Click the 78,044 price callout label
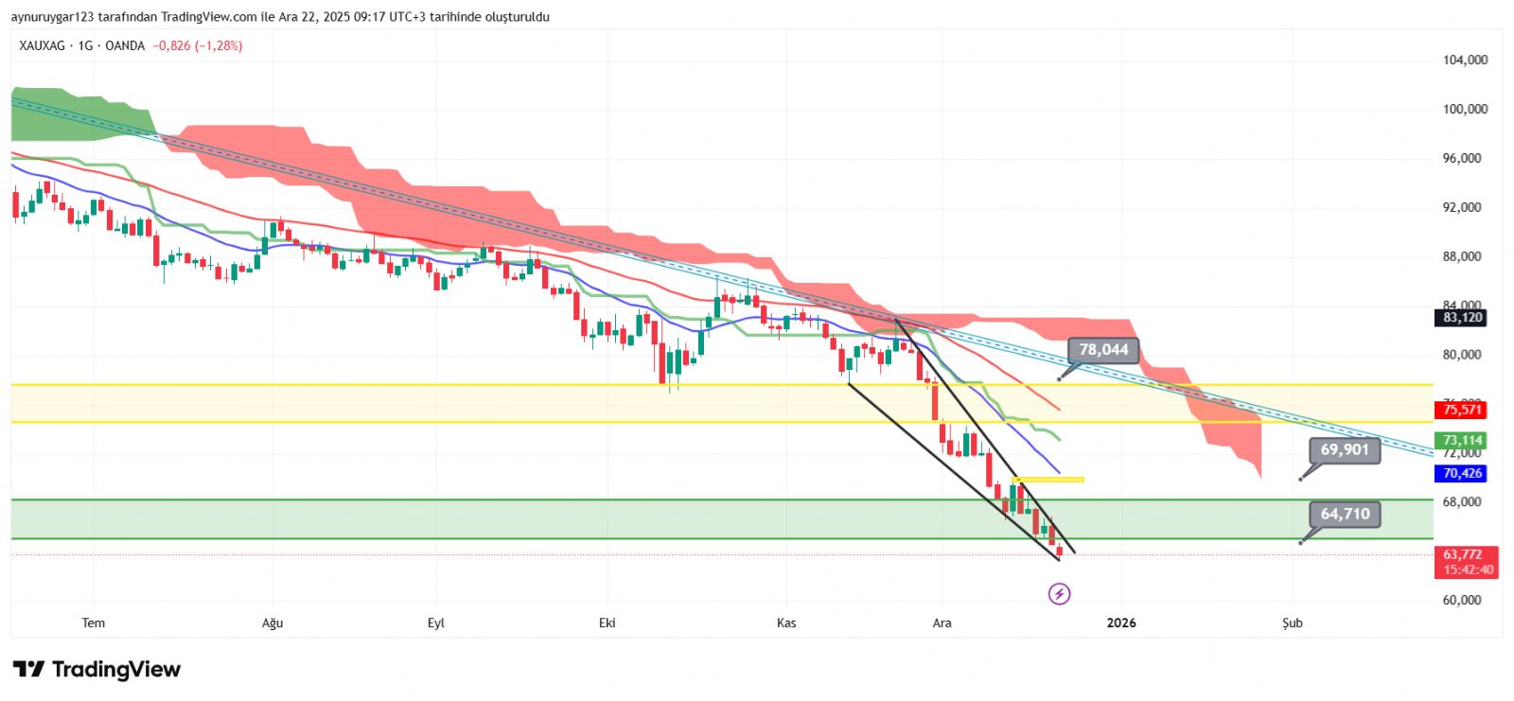[x=1103, y=350]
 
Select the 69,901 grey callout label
[x=1345, y=449]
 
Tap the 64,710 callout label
[x=1345, y=514]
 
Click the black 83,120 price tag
[x=1462, y=318]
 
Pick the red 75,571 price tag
[x=1462, y=410]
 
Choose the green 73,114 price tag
[x=1462, y=440]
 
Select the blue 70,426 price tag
[x=1462, y=473]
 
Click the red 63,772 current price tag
[x=1463, y=555]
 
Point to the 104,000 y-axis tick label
[x=1465, y=60]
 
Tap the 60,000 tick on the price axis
[x=1462, y=600]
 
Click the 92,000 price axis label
[x=1462, y=207]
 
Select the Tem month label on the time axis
[x=93, y=622]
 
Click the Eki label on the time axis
[x=607, y=622]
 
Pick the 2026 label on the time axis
[x=1121, y=622]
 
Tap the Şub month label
[x=1293, y=622]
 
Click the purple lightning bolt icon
[x=1060, y=594]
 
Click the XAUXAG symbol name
[x=42, y=45]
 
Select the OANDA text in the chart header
[x=125, y=45]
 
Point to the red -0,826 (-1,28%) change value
[x=198, y=45]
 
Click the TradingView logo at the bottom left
[x=97, y=670]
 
